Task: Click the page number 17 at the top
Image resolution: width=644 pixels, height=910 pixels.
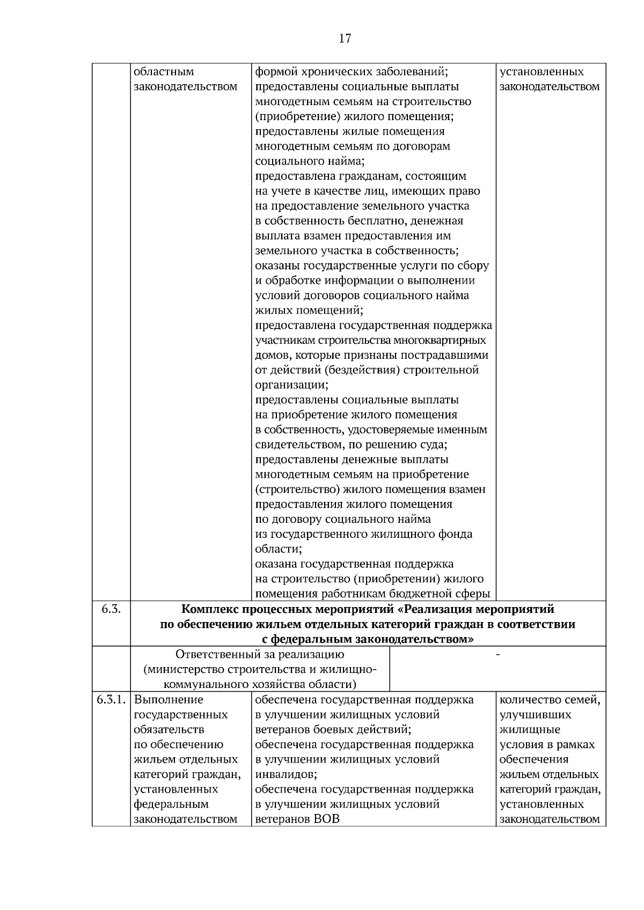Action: pos(345,38)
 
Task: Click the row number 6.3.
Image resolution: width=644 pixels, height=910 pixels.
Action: pos(111,609)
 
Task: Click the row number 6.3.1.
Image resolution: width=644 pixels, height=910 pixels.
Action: pos(111,700)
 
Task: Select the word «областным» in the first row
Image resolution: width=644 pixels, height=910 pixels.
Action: pos(164,72)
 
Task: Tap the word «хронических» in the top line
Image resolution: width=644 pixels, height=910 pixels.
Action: pos(325,72)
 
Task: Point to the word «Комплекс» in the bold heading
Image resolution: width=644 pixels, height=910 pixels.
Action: pos(211,610)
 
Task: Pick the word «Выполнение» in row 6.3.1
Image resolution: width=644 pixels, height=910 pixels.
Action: pos(169,700)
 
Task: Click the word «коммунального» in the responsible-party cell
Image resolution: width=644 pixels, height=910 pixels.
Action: pos(206,685)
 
